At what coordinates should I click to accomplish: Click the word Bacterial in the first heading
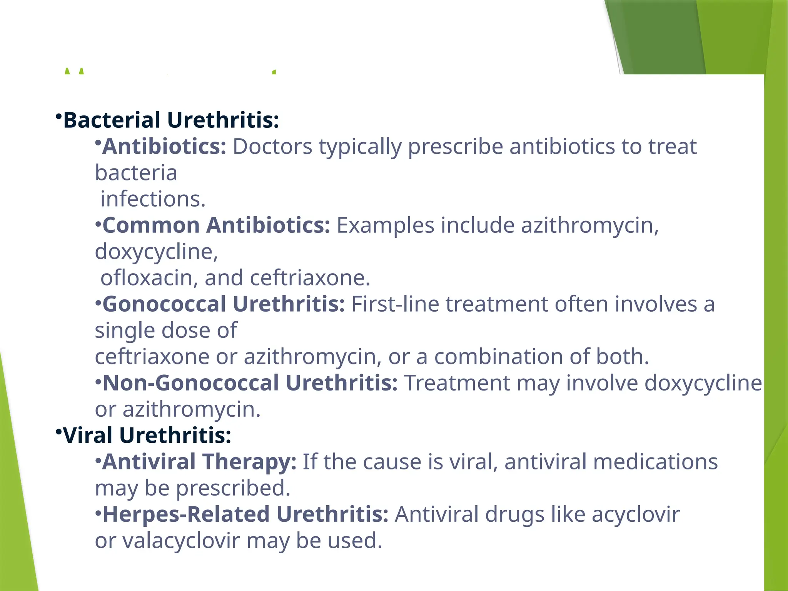112,120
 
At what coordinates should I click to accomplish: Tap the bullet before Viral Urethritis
58,432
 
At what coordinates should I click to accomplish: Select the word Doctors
272,147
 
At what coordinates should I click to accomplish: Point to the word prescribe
455,147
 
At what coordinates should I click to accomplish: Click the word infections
153,199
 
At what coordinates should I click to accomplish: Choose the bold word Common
151,225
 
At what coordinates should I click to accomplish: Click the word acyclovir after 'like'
636,514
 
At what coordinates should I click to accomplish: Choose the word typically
360,147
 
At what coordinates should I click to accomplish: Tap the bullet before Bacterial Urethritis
58,116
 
